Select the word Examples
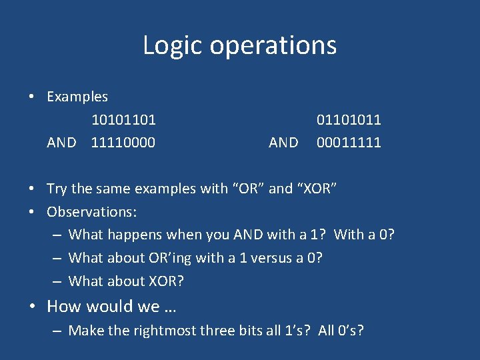(77, 97)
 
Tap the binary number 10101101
(123, 120)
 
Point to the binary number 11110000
(123, 143)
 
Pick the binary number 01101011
(349, 120)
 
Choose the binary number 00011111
(349, 143)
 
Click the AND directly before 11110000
(61, 143)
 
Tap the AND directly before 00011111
(283, 143)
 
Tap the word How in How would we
(63, 307)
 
